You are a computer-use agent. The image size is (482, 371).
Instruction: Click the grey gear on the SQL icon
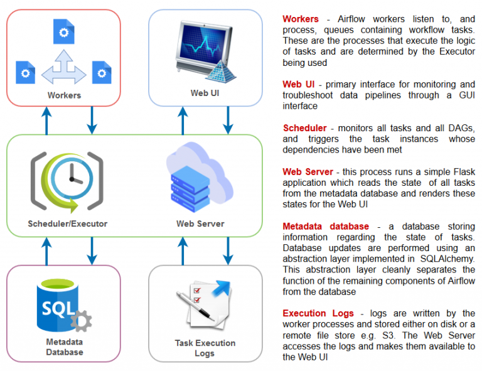click(x=80, y=321)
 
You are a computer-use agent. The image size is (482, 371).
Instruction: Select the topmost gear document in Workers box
click(x=63, y=30)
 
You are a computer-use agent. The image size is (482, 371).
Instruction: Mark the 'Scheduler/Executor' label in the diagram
click(x=67, y=223)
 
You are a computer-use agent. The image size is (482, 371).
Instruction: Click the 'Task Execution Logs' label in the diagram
click(x=205, y=348)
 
